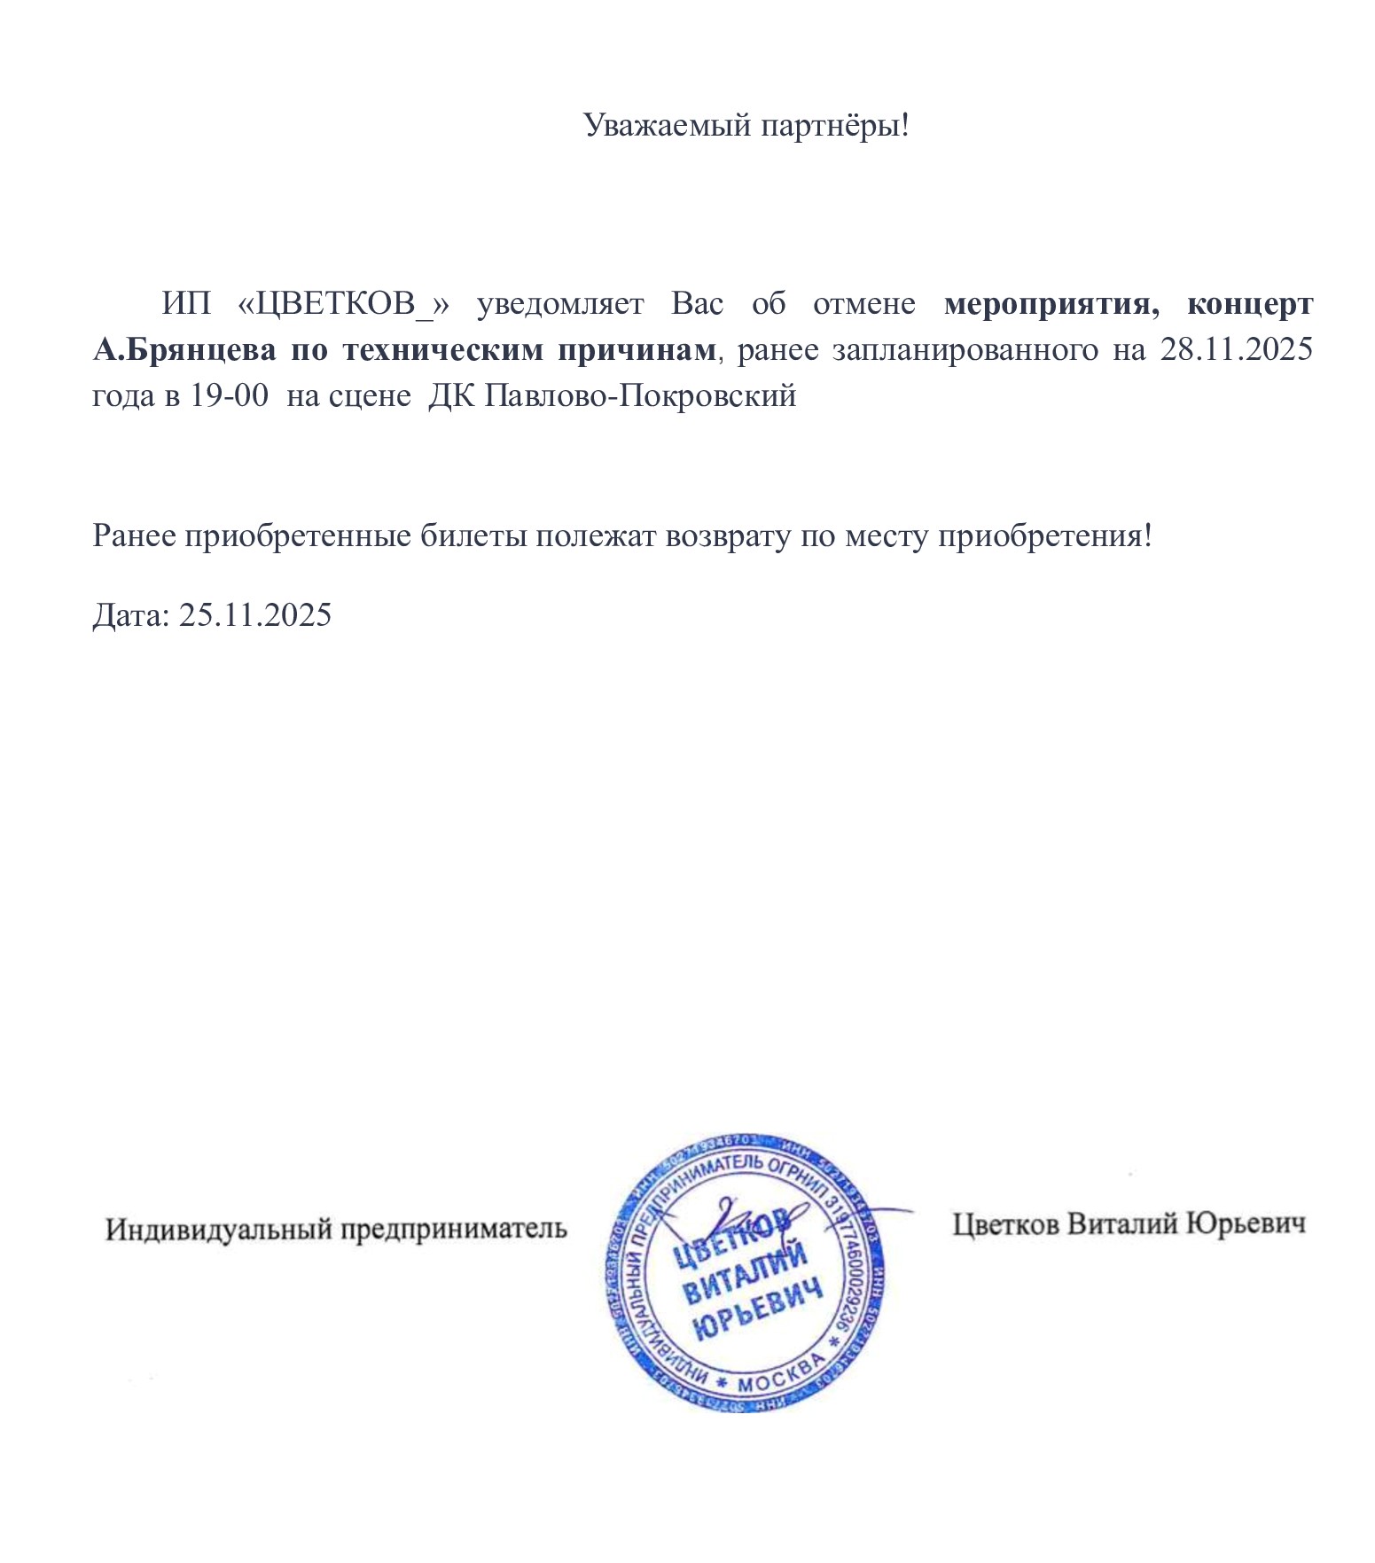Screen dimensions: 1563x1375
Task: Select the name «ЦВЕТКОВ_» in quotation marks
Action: tap(344, 304)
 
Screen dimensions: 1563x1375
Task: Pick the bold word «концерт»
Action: tap(1250, 304)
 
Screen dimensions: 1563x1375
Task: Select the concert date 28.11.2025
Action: tap(1236, 350)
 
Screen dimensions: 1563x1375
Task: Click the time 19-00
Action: tap(230, 395)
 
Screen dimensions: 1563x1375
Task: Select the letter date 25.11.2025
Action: tap(255, 614)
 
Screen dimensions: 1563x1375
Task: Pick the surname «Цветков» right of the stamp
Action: tap(1005, 1224)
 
